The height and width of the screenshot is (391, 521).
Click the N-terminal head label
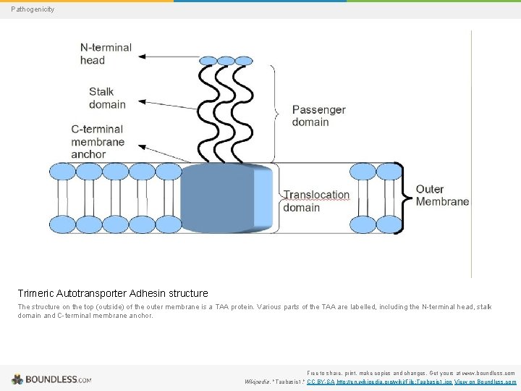[x=106, y=54]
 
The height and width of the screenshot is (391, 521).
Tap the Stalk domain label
[x=107, y=98]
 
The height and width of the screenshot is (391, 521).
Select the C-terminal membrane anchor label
[x=98, y=141]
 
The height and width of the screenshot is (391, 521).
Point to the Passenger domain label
[x=318, y=116]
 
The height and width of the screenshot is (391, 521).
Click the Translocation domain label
[x=316, y=201]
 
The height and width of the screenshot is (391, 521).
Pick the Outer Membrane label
[x=442, y=195]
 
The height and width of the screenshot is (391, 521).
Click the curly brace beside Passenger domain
[x=274, y=113]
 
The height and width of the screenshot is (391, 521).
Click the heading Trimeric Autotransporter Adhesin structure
[x=113, y=293]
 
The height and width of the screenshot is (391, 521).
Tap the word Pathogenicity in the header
[x=32, y=9]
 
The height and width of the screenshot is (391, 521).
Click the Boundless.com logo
[x=51, y=379]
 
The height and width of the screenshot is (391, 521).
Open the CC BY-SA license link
[x=321, y=382]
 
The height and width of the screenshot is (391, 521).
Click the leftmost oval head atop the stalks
[x=208, y=61]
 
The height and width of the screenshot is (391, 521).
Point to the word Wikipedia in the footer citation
[x=258, y=382]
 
